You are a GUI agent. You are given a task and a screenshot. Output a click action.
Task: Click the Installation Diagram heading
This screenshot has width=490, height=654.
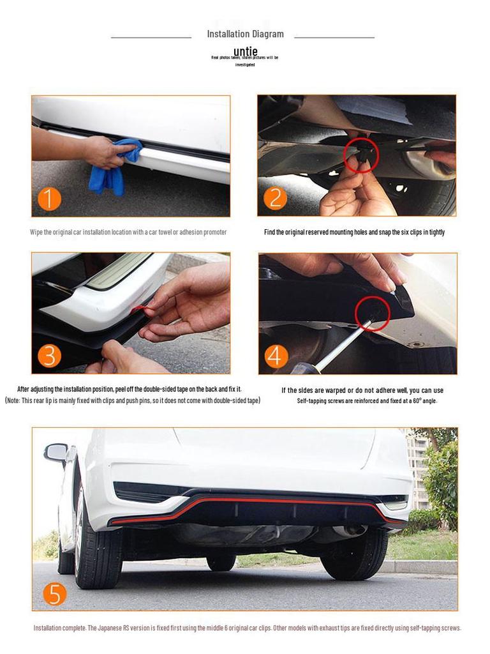[245, 34]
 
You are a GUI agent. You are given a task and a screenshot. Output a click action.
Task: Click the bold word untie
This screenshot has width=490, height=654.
[245, 51]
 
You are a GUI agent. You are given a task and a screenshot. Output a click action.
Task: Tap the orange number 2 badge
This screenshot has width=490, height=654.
[275, 198]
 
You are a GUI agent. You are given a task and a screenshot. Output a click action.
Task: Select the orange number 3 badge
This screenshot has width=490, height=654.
[49, 356]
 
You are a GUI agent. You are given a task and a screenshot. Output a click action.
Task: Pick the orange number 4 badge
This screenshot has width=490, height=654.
[276, 356]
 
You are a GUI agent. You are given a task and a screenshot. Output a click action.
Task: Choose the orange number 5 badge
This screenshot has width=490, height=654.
[55, 594]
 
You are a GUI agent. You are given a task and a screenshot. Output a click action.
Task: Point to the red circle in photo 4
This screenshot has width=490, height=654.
[372, 313]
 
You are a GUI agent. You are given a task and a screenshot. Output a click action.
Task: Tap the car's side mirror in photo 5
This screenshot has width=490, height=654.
[56, 452]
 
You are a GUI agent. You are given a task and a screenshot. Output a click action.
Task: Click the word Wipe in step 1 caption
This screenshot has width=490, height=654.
[36, 232]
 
